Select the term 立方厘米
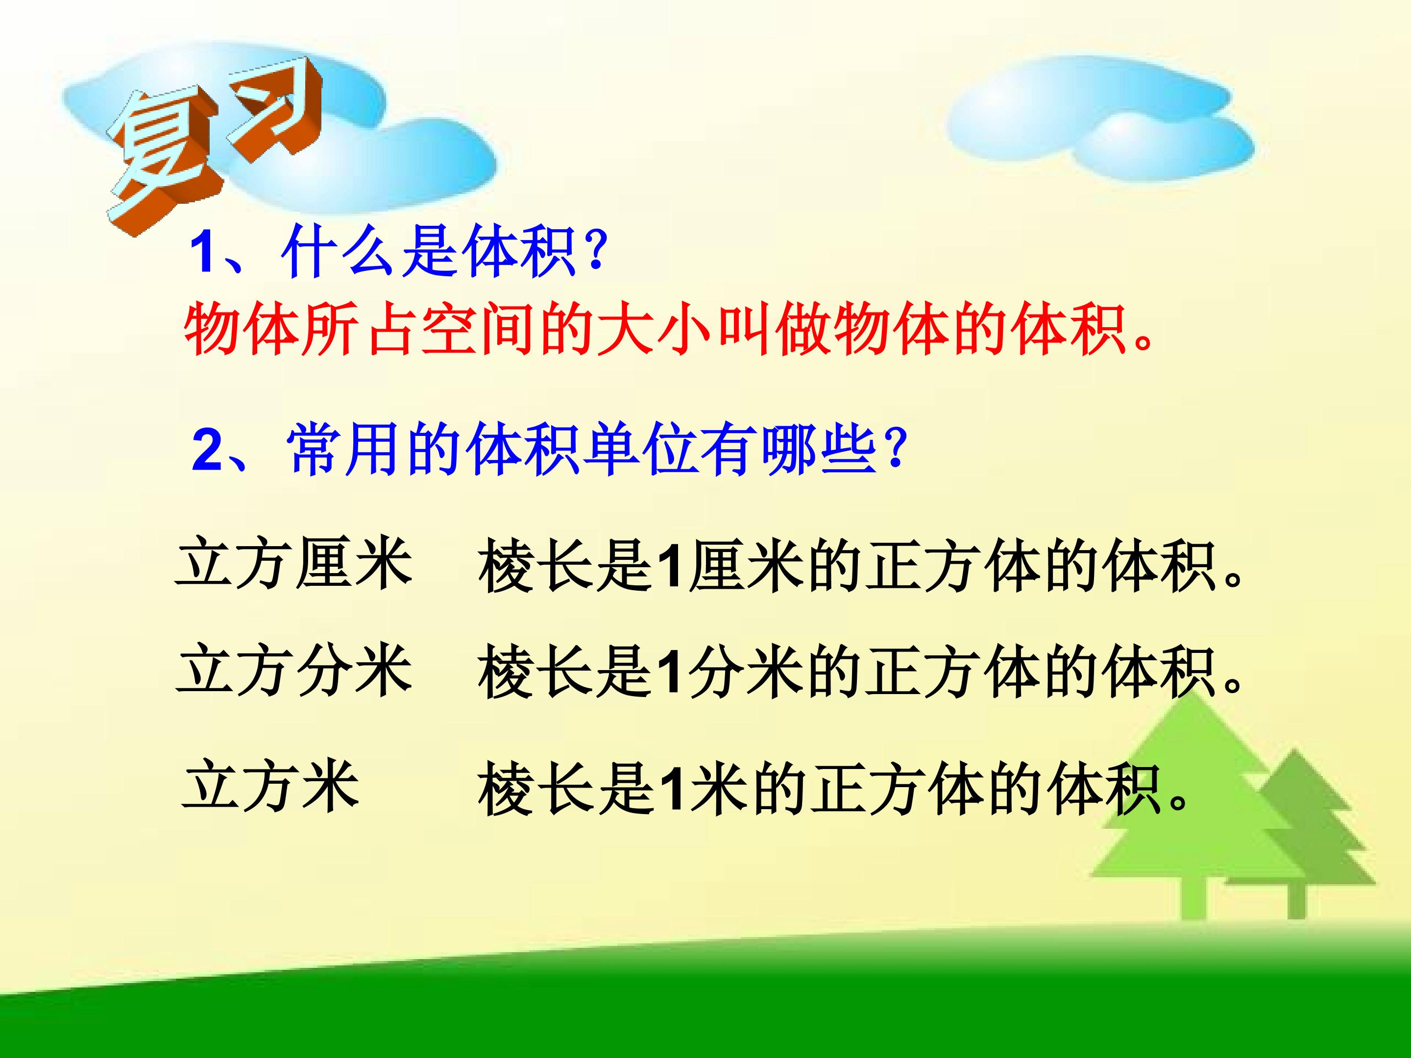pyautogui.click(x=294, y=564)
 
